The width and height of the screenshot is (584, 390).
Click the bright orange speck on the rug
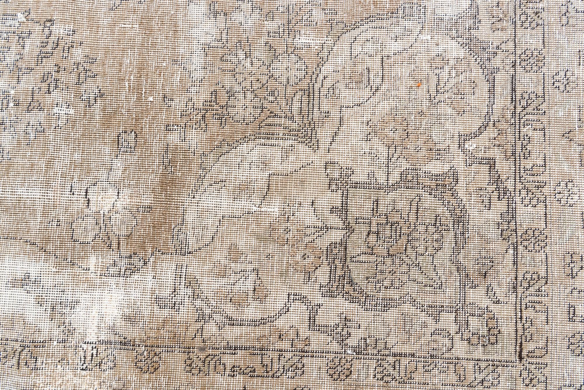coord(419,85)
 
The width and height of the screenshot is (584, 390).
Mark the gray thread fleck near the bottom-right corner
coord(484,341)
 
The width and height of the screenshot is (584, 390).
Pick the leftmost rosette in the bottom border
coord(148,362)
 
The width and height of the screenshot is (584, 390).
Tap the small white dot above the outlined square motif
coord(151,99)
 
